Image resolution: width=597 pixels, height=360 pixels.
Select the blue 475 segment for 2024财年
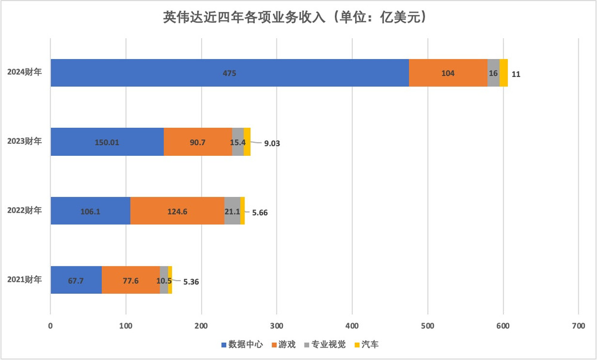(230, 73)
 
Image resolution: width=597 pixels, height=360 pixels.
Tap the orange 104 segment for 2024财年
(448, 73)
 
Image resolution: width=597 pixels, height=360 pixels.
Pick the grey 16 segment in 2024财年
(493, 73)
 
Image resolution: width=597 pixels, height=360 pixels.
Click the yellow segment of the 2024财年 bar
(504, 73)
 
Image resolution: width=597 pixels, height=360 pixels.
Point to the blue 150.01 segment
(107, 142)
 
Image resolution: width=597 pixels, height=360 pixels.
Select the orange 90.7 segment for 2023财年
(198, 142)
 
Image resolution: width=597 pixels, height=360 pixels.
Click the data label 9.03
(272, 143)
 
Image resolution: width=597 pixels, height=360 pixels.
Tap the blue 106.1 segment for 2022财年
(90, 211)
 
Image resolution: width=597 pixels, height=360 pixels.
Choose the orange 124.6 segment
(177, 211)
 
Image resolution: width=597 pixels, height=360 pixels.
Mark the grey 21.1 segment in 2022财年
(232, 211)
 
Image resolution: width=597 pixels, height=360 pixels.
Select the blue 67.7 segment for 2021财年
(76, 280)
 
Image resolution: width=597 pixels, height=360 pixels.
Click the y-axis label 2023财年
(24, 142)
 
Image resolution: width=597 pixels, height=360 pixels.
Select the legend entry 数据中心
(242, 345)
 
